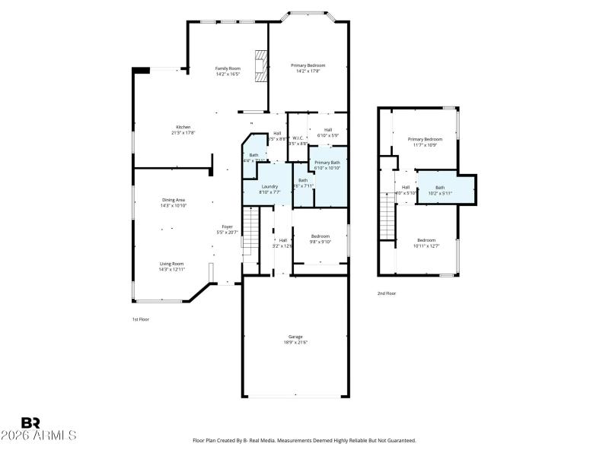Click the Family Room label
coord(228,68)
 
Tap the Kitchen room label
coord(183,127)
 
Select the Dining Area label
coord(174,200)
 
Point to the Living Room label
coord(171,264)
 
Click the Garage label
coord(295,337)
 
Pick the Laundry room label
coord(269,186)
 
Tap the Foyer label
coord(227,226)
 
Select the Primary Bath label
coord(327,163)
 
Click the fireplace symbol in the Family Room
coord(261,66)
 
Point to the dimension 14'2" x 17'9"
coord(308,71)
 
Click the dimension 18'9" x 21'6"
coord(295,343)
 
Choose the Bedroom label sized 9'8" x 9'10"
coord(320,236)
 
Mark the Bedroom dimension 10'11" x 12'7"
coord(426,245)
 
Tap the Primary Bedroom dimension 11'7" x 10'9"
coord(425,145)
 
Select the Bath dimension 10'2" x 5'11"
coord(440,193)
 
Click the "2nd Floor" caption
coord(387,293)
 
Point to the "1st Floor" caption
coord(140,319)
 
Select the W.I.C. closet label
coord(298,138)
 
